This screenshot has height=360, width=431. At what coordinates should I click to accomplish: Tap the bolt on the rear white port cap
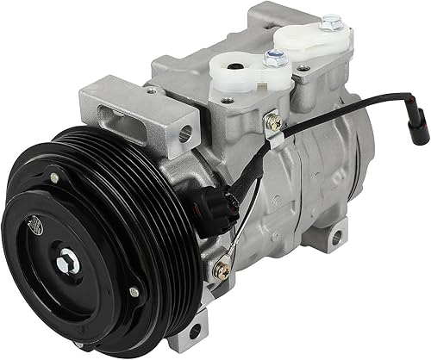point(330,22)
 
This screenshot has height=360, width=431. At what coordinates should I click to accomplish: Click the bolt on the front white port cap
point(275,59)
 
